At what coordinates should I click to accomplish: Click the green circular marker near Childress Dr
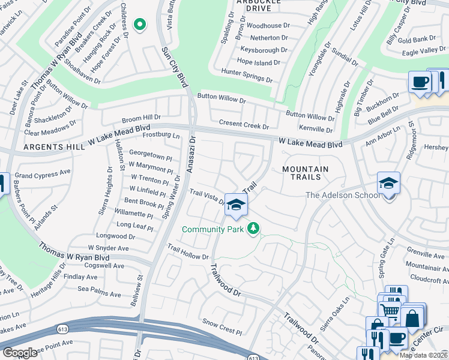140,25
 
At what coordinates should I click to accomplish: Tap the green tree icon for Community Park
254,228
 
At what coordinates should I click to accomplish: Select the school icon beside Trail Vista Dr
236,205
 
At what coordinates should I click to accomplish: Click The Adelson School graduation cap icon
388,183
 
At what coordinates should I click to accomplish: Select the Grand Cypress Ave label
43,175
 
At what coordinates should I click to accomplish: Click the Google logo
20,352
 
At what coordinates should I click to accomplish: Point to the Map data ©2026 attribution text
424,355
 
